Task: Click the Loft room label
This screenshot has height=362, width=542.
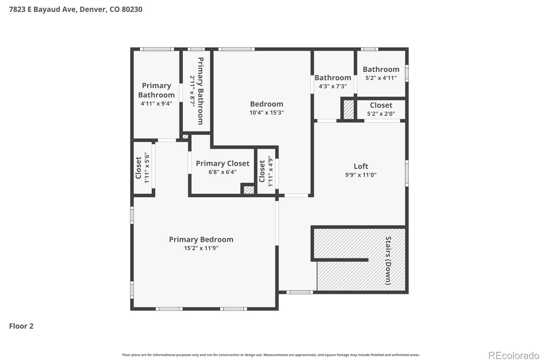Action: tap(361, 166)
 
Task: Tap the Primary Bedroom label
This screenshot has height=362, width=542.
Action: tap(201, 240)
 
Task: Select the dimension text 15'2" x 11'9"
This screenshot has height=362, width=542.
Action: tap(201, 248)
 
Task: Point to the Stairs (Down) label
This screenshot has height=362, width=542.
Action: tap(388, 261)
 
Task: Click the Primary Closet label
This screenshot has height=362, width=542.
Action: tap(223, 163)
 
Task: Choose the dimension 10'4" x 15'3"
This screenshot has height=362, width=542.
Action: tap(267, 113)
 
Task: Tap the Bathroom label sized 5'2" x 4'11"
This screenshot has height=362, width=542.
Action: tap(381, 70)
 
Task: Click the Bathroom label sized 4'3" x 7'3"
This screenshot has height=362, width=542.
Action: tap(333, 78)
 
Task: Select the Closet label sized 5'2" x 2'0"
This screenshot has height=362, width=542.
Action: tap(381, 105)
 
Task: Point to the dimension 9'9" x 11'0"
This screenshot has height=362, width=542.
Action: tap(361, 175)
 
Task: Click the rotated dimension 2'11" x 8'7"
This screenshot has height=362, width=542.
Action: tap(192, 91)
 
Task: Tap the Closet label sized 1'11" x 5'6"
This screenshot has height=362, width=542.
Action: tap(138, 168)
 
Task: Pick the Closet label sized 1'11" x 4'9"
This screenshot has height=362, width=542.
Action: tap(262, 171)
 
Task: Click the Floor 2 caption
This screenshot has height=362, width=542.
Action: tap(21, 326)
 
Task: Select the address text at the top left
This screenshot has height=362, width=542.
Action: tap(76, 9)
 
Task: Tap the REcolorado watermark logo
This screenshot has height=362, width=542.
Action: tap(514, 356)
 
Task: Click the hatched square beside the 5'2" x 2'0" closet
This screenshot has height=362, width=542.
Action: tap(349, 110)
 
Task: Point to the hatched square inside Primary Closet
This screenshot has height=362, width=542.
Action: tap(249, 190)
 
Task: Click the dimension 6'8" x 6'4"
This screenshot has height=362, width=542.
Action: tap(223, 172)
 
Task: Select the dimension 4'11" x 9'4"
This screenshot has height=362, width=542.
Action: tap(156, 104)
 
